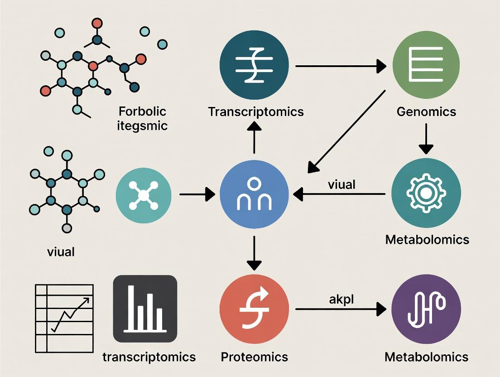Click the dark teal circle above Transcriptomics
point(254,66)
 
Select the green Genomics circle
point(426,66)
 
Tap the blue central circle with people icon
point(254,195)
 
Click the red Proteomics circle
point(254,309)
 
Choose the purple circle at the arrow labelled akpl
point(426,309)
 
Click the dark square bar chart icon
point(145,308)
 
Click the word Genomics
point(426,111)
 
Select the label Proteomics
point(254,357)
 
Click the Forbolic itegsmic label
point(142,118)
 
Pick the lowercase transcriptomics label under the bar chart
point(149,357)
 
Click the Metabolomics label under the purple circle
point(426,357)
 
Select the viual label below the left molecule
point(61,251)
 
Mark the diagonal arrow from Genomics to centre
point(346,131)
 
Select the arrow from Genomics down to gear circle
point(426,139)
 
